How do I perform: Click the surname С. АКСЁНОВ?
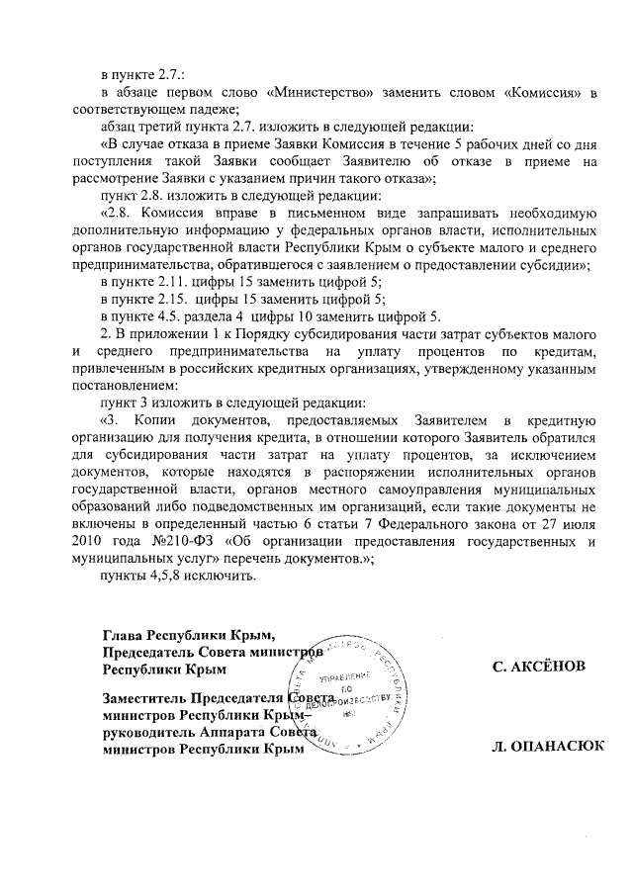tap(538, 668)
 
